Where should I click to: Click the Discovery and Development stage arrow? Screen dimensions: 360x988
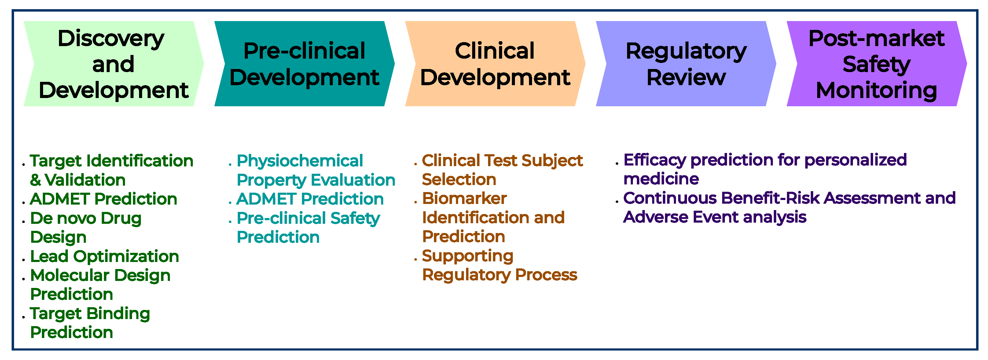pos(113,64)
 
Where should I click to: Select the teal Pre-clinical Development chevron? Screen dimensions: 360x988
pos(304,64)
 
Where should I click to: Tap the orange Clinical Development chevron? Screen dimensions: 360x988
pos(495,64)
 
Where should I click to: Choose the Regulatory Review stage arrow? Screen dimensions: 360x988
pos(686,64)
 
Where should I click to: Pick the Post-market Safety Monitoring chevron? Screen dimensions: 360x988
pos(876,64)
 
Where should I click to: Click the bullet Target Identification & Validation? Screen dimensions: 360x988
pos(111,170)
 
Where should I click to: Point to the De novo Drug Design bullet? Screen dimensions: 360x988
pos(86,227)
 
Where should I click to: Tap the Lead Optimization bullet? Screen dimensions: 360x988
pos(104,256)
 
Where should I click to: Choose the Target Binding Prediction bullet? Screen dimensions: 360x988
pos(90,323)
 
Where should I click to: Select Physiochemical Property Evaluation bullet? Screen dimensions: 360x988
pos(315,170)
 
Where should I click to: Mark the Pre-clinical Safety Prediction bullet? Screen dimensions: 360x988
pos(308,227)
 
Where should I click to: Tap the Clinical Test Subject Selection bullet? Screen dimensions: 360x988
pos(502,170)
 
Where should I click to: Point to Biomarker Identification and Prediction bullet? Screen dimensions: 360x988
pos(493,217)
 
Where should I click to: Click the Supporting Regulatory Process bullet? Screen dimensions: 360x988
pos(499,265)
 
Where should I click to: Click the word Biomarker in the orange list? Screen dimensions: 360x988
pos(465,198)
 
